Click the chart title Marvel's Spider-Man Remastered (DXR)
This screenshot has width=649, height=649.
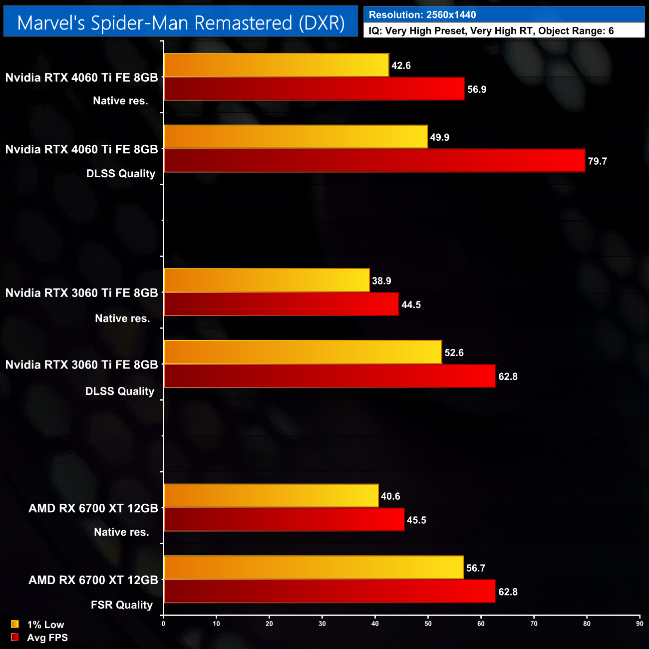tap(181, 23)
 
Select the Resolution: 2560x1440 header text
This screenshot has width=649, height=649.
tap(422, 15)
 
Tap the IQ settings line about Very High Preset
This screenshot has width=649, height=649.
tap(491, 31)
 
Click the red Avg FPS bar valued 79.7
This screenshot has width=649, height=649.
tap(374, 161)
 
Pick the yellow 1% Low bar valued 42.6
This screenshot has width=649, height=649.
tap(276, 65)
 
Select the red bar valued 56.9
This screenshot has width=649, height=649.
tap(314, 89)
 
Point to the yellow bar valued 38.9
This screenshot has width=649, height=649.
tap(267, 281)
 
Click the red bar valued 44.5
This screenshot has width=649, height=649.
tap(281, 305)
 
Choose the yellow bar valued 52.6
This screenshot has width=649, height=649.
tap(303, 352)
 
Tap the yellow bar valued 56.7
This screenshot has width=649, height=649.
tap(314, 568)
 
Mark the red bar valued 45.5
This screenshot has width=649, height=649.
tap(284, 520)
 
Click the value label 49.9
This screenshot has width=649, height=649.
tap(440, 137)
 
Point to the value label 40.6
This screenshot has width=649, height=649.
tap(390, 496)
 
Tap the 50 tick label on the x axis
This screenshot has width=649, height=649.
tap(428, 624)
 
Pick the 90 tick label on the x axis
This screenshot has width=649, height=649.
tap(640, 624)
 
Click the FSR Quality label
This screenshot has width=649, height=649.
tap(122, 605)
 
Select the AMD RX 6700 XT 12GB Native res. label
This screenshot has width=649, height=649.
tap(93, 519)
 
